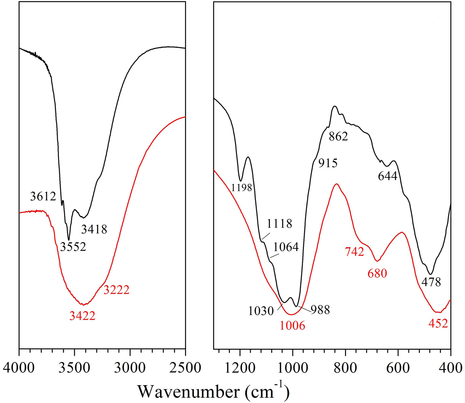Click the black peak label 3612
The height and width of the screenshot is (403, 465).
point(43,197)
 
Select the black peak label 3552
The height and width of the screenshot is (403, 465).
point(73,247)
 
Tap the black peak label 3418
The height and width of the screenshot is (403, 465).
point(94,229)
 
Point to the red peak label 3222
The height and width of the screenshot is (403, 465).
point(116,290)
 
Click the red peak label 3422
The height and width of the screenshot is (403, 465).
point(82,316)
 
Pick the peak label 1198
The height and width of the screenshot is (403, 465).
point(242,188)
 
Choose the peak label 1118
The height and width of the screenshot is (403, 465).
point(279,224)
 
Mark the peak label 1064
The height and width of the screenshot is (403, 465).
point(286,247)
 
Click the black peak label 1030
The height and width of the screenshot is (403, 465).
point(261,311)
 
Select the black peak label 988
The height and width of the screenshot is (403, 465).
point(320,310)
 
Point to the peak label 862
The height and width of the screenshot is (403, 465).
point(338,136)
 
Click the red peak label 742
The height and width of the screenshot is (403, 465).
point(354,252)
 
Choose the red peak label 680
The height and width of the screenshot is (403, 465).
point(377,274)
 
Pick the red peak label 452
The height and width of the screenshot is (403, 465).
point(438,323)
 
